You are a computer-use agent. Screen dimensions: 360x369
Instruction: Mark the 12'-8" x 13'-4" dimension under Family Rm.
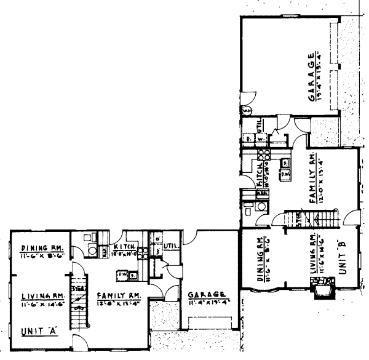114,303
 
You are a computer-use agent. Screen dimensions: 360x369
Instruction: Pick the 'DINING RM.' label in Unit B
261,258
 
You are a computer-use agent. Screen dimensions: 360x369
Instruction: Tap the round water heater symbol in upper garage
247,111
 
